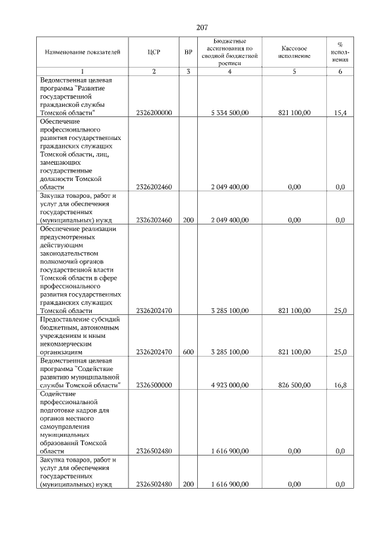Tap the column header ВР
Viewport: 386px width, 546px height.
point(188,52)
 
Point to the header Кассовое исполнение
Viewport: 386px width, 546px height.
point(295,52)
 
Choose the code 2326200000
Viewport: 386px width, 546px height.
point(154,113)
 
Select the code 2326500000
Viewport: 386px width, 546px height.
point(154,384)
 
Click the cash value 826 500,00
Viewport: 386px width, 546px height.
point(294,384)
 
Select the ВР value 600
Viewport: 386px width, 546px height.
point(188,351)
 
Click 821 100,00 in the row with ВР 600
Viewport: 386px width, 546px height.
point(294,351)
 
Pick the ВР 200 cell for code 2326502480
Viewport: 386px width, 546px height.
point(188,484)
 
